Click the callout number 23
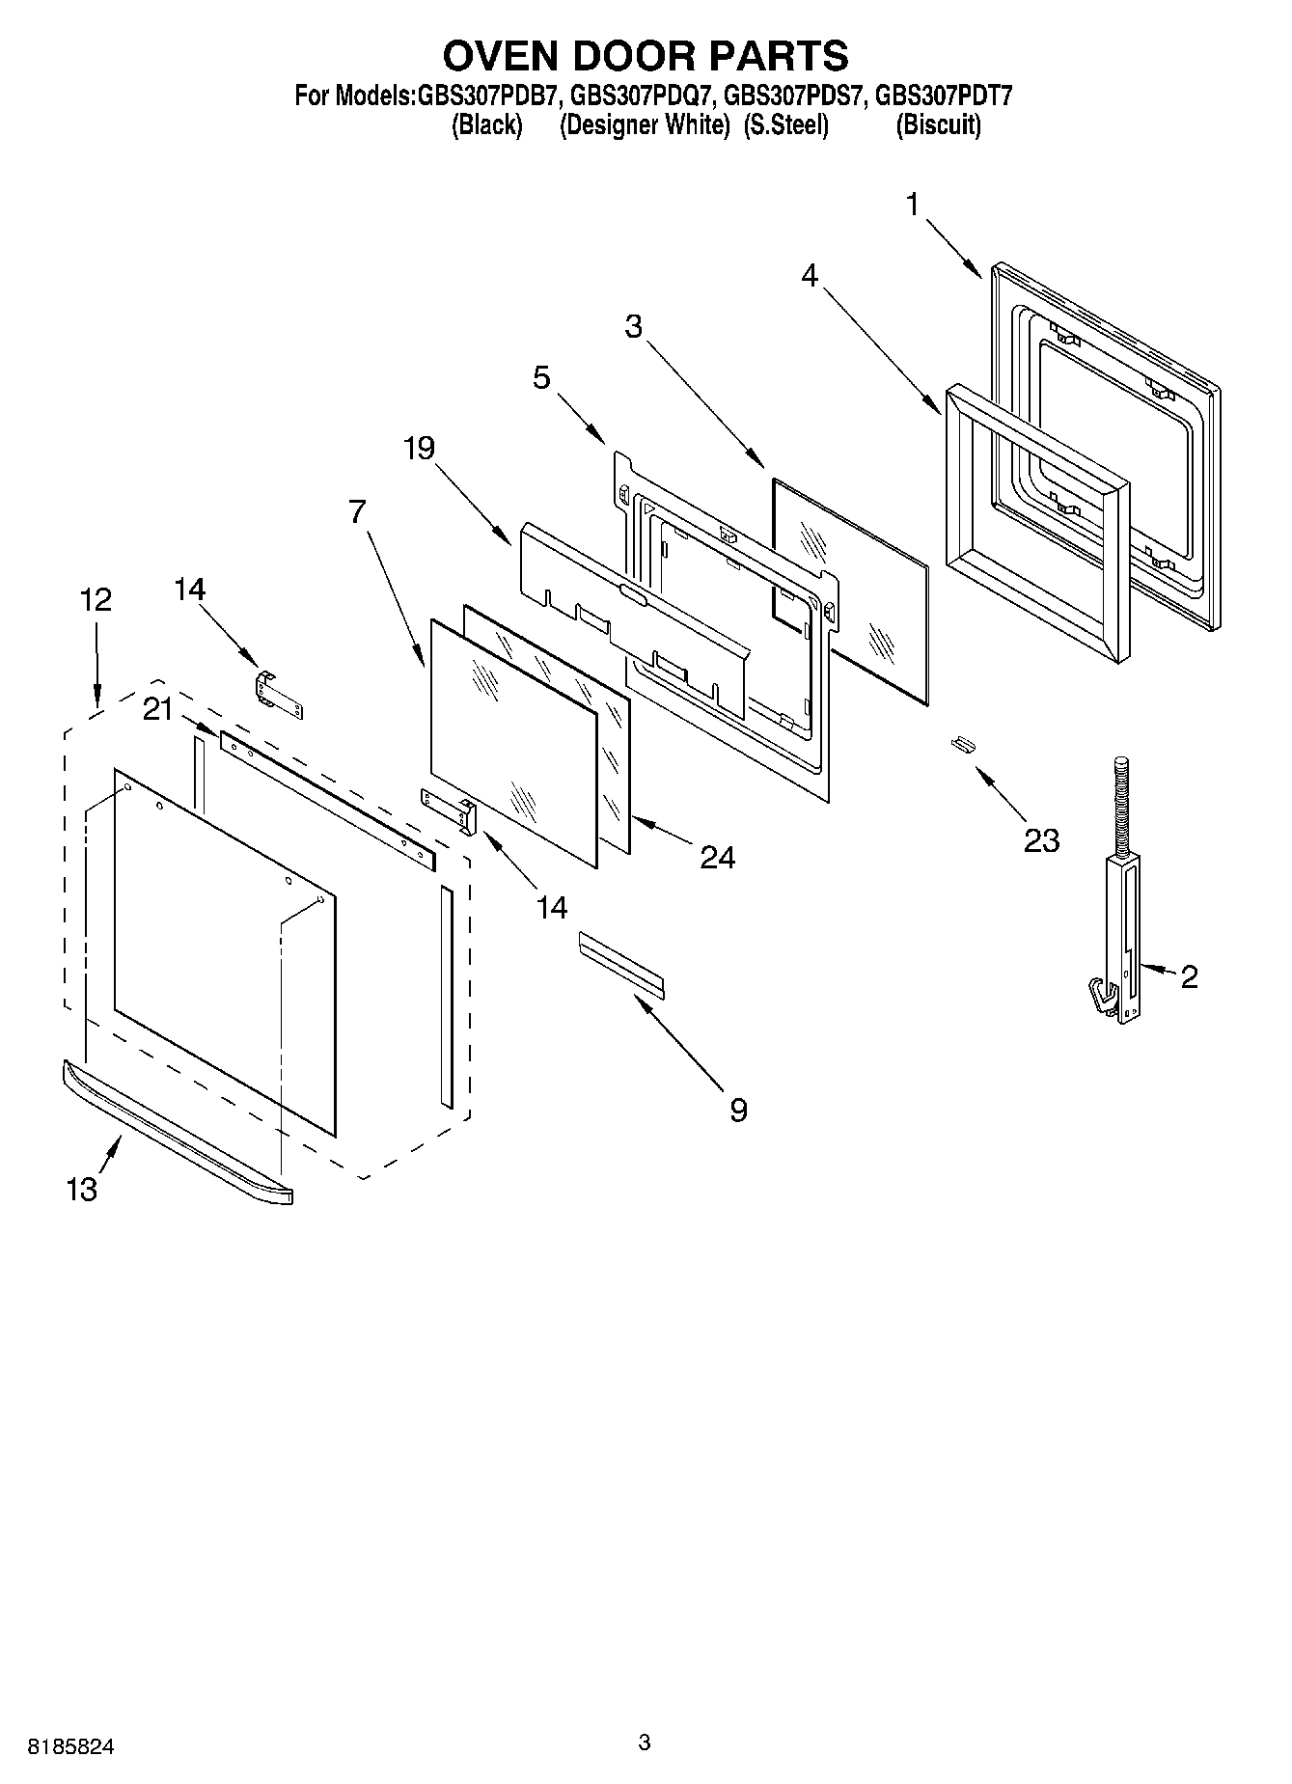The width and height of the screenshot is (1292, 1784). tap(1041, 840)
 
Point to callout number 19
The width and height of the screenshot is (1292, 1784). tap(420, 448)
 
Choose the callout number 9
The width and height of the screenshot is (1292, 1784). tap(738, 1111)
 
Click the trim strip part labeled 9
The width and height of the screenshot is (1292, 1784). tap(621, 963)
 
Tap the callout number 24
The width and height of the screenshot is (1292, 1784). tap(717, 857)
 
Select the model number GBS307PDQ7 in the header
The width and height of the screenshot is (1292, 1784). tap(642, 96)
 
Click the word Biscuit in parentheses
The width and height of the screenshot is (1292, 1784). tap(938, 125)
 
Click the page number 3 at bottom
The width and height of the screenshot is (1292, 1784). tap(645, 1743)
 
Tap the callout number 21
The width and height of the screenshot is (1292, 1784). tap(157, 709)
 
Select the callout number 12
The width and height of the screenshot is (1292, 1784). tap(96, 600)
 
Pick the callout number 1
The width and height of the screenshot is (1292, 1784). tap(913, 204)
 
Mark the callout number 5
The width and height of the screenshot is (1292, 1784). tap(541, 377)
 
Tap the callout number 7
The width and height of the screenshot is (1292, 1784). tap(358, 511)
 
